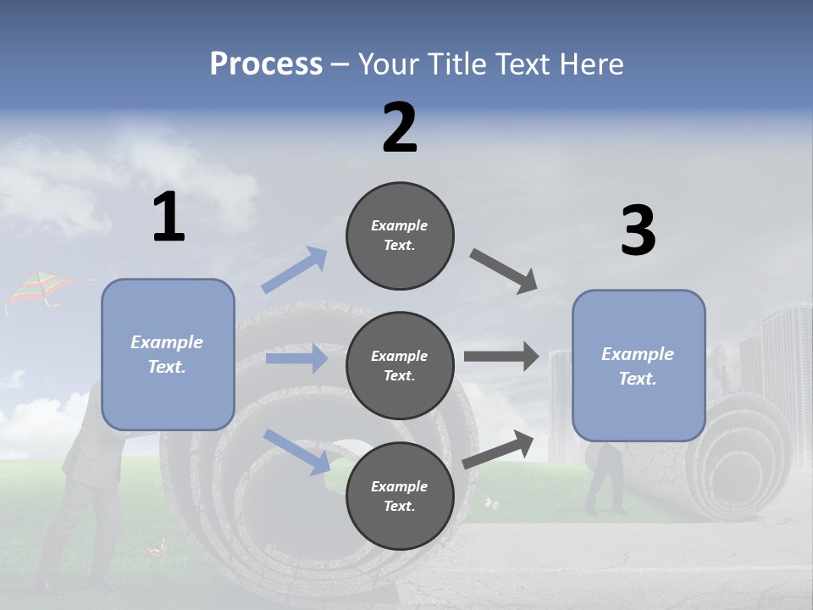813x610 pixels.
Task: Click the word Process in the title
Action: [x=266, y=64]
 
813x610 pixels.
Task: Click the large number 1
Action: [x=169, y=217]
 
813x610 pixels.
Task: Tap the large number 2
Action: [x=400, y=127]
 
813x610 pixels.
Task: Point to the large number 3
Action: [x=638, y=230]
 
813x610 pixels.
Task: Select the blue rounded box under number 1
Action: [x=168, y=354]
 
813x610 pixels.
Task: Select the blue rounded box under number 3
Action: [x=639, y=365]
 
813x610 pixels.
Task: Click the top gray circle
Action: [x=400, y=236]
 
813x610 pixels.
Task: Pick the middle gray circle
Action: [x=400, y=365]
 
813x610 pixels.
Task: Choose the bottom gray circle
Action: [x=400, y=496]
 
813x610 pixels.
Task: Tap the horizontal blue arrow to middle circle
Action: [x=296, y=358]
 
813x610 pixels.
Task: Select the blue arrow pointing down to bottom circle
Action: [x=296, y=451]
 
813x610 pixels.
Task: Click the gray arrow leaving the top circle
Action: [x=504, y=271]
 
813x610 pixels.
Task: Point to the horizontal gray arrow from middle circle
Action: [x=501, y=356]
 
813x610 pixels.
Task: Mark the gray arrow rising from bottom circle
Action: [x=499, y=449]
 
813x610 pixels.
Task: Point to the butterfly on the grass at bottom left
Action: [x=156, y=550]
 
